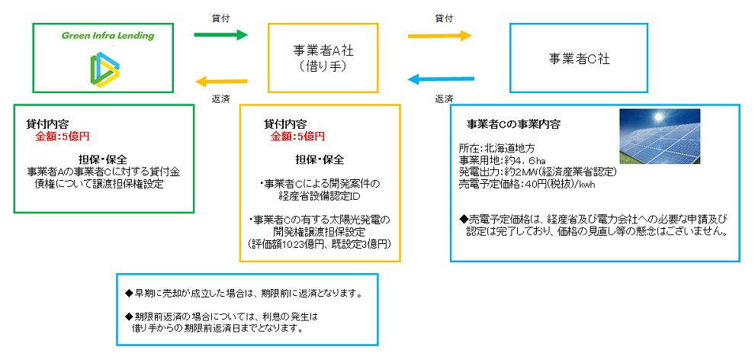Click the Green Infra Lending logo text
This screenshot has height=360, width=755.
pos(108,36)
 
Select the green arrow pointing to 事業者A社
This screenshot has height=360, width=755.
pos(221,34)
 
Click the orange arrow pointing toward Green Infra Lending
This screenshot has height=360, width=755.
pos(221,80)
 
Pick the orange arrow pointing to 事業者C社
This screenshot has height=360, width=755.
pos(440,34)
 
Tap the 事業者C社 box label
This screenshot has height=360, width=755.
pos(580,58)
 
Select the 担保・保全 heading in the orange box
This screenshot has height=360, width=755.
pos(320,161)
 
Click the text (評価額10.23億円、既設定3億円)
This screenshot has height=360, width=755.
pos(320,244)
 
